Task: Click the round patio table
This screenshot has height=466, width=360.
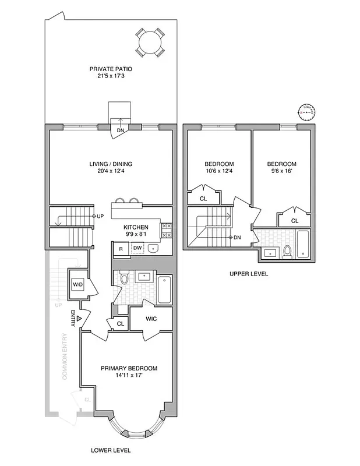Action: (150, 41)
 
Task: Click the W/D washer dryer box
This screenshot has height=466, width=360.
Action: (77, 284)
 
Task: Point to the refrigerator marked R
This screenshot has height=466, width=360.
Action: (121, 249)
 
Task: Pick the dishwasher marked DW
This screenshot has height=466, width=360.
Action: (137, 249)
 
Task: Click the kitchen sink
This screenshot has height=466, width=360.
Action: (154, 249)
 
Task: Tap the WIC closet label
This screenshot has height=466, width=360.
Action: (150, 319)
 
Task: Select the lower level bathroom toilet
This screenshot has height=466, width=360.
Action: (123, 280)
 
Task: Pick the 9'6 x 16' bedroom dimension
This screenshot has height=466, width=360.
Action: (281, 172)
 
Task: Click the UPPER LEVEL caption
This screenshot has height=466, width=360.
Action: (249, 273)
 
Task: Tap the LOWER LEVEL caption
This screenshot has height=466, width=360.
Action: (111, 450)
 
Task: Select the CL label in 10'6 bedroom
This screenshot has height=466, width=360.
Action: (203, 199)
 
